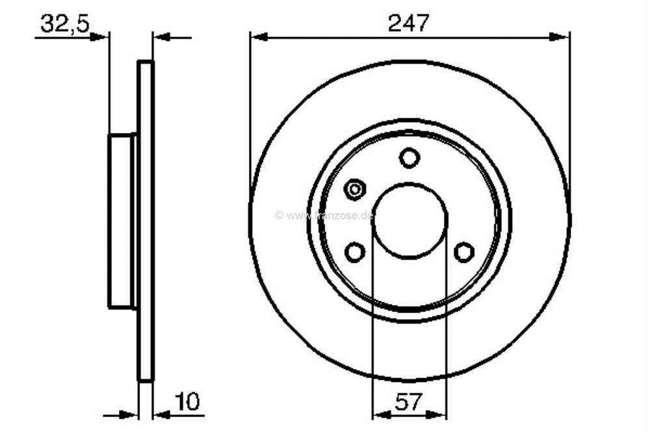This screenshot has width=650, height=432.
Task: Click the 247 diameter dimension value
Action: tap(409, 23)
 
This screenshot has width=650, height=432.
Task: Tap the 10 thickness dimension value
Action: tap(188, 402)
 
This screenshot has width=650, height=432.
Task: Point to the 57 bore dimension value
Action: tap(409, 403)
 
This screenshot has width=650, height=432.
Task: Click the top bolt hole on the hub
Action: tap(409, 158)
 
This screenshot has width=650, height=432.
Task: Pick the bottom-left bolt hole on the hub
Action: tap(355, 252)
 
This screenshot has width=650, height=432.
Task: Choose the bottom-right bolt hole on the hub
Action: tap(464, 252)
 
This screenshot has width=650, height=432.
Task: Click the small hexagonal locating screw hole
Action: tap(355, 190)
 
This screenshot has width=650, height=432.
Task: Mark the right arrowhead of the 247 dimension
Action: tap(560, 37)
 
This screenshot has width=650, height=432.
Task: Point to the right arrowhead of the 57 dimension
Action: tap(440, 414)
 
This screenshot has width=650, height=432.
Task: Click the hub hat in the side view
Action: tap(120, 221)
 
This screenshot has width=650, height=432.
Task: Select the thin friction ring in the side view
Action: tap(146, 221)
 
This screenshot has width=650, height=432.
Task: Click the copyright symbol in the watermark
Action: tap(279, 215)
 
